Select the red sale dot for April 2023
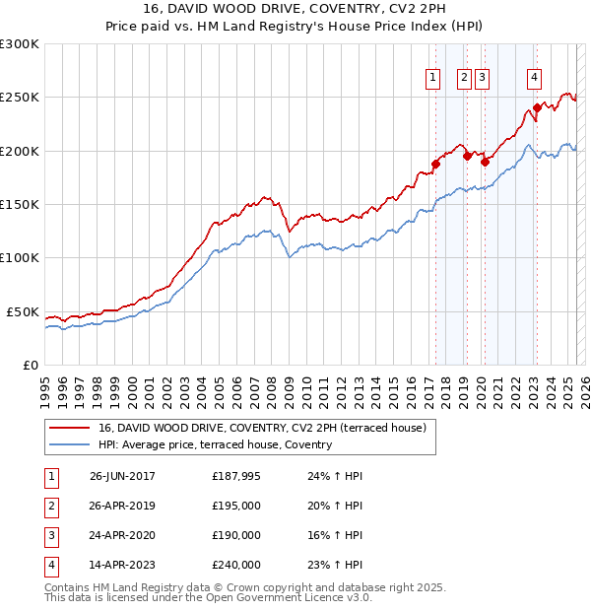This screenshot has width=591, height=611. pos(537,107)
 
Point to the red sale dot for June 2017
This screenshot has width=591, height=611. pos(435,164)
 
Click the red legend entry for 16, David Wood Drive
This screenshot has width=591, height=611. pos(261,428)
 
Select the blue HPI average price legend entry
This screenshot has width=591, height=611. pos(215,444)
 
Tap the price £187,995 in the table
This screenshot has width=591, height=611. pos(236,476)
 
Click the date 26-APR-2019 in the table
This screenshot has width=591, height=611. pos(122,506)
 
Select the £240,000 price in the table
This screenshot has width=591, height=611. pos(236,566)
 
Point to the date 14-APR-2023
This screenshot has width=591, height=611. pos(122,566)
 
